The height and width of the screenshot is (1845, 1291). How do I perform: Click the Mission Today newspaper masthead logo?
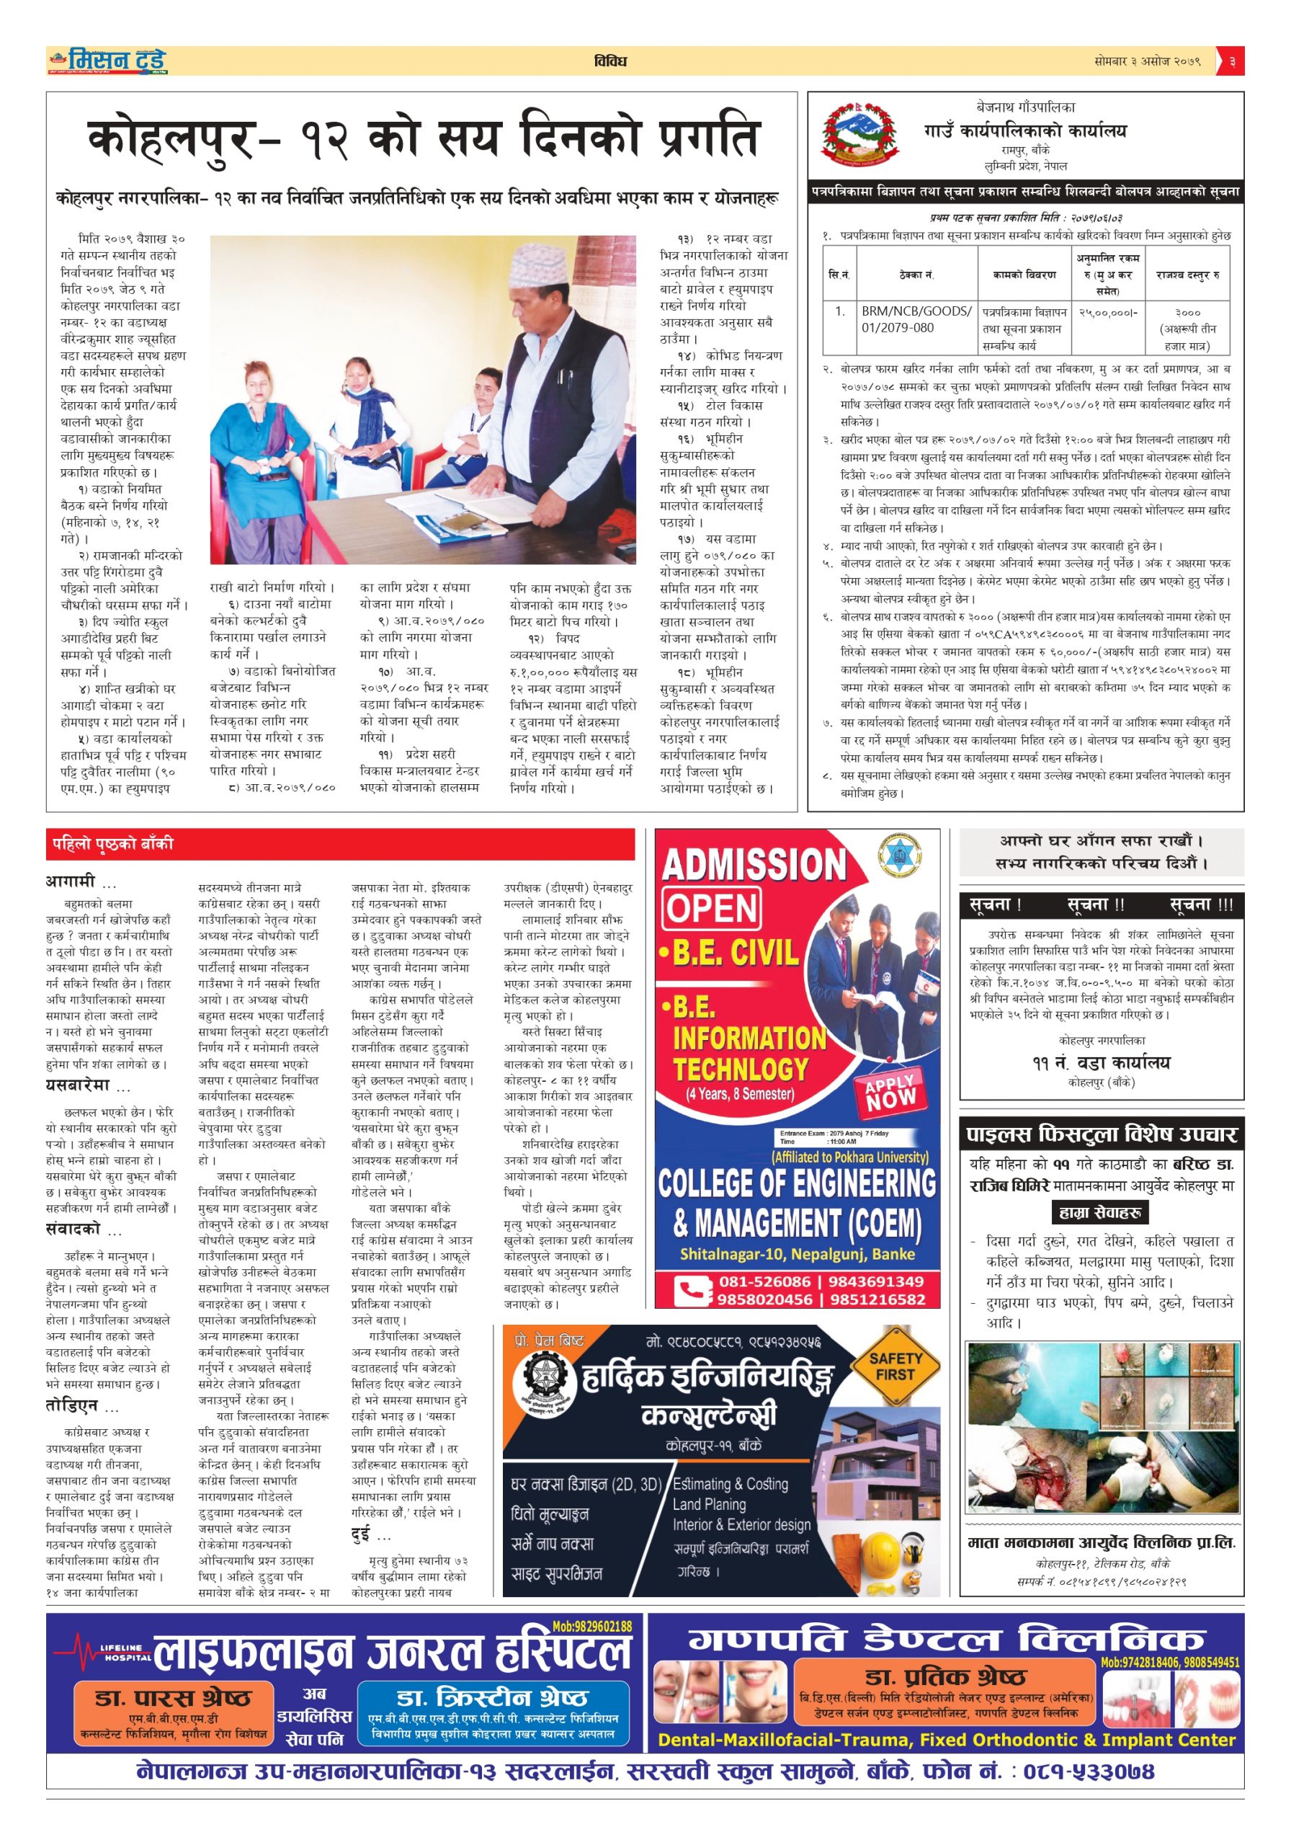pos(107,61)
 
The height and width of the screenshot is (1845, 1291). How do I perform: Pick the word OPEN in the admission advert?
pos(712,908)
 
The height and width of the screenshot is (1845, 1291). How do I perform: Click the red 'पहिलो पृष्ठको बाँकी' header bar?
pos(340,844)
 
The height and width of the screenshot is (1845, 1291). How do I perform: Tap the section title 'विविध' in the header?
pos(609,61)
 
